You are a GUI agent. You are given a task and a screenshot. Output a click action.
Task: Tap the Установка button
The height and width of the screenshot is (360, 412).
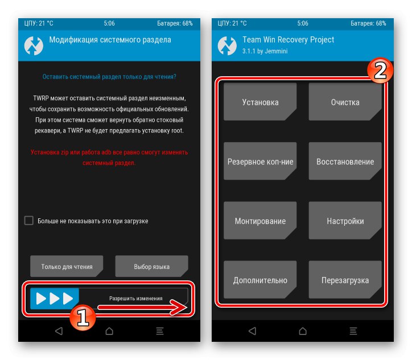point(260,102)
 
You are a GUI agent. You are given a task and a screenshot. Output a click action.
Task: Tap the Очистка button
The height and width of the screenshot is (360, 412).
point(345,102)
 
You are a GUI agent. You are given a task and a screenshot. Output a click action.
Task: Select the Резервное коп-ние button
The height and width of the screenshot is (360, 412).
point(260,162)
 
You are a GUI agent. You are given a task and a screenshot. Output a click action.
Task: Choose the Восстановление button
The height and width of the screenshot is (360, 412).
point(345,162)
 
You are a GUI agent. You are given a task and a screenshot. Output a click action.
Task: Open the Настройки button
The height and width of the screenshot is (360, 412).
point(345,221)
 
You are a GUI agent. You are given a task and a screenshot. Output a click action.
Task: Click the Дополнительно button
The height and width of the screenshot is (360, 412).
point(260,280)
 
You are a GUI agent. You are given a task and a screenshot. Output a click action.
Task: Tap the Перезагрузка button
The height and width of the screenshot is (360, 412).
point(345,280)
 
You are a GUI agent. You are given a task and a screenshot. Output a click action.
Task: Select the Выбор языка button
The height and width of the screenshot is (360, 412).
point(151,266)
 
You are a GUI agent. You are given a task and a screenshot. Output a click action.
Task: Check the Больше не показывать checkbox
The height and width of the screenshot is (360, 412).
point(29,221)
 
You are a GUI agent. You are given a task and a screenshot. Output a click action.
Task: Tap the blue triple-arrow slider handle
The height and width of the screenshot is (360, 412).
point(55,298)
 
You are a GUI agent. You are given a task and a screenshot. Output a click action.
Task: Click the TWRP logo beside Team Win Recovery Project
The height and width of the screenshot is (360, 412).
point(228,46)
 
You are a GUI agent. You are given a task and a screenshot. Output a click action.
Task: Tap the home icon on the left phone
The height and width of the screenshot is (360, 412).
point(109,331)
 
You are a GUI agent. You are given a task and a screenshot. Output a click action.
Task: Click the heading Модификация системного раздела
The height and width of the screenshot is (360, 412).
point(110,40)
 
